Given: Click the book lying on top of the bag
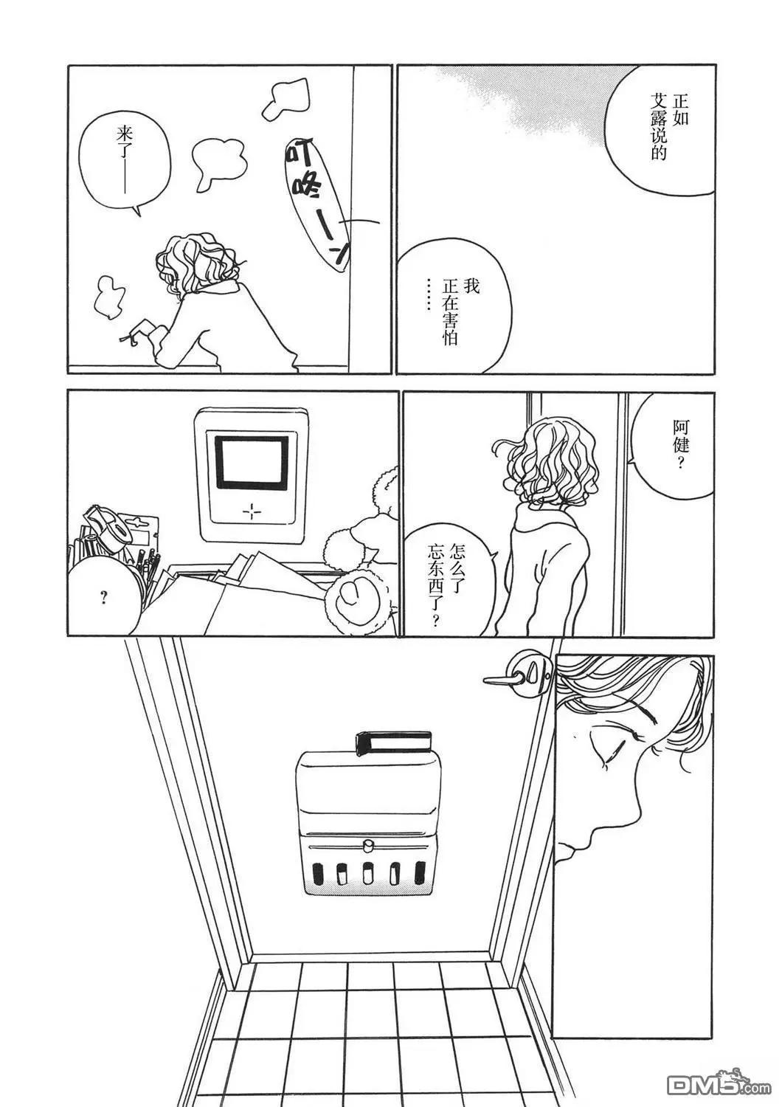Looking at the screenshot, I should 393,742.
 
